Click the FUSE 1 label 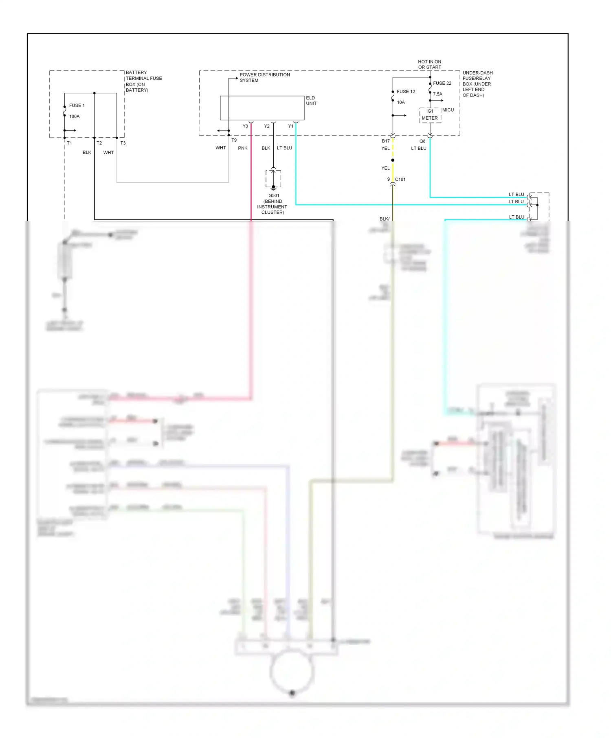tap(77, 105)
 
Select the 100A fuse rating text tap(74, 116)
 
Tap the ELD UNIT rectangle tap(262, 108)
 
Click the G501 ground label tap(274, 195)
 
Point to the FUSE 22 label tap(442, 83)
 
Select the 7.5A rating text tap(437, 94)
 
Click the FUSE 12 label tap(406, 92)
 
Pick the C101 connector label tap(400, 180)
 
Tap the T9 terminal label tap(234, 140)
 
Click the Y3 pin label tap(245, 126)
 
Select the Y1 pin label tap(290, 126)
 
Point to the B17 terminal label tap(385, 141)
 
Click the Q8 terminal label tap(422, 141)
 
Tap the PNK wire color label tap(242, 148)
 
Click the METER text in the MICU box tap(429, 118)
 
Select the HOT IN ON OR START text tap(429, 64)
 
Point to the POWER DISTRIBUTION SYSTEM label tap(264, 77)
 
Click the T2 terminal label tap(99, 143)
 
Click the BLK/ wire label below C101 tap(384, 219)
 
